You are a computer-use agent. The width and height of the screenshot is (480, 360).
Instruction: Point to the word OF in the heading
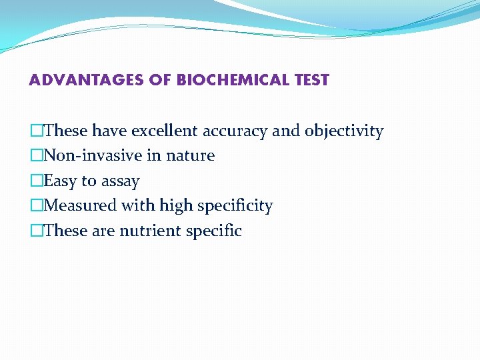161,81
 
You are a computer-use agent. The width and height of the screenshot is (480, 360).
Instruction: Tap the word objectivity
344,131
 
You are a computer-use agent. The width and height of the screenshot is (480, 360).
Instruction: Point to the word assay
120,181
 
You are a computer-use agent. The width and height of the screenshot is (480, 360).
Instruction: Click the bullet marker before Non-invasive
37,156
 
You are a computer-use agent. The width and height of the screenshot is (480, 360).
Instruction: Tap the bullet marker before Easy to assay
37,181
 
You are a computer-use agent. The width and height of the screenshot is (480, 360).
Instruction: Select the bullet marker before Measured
37,206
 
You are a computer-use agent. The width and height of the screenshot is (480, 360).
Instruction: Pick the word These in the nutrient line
65,231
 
